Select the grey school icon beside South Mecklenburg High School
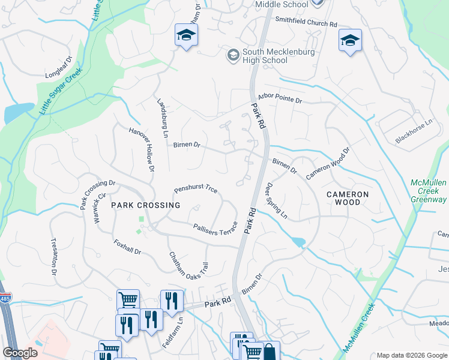click(232, 55)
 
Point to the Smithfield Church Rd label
click(306, 20)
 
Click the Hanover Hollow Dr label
click(142, 149)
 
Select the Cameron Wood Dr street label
click(328, 163)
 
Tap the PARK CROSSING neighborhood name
click(145, 205)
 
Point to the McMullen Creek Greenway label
click(429, 191)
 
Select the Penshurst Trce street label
click(196, 189)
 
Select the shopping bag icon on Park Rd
click(270, 351)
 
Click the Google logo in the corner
click(20, 353)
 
